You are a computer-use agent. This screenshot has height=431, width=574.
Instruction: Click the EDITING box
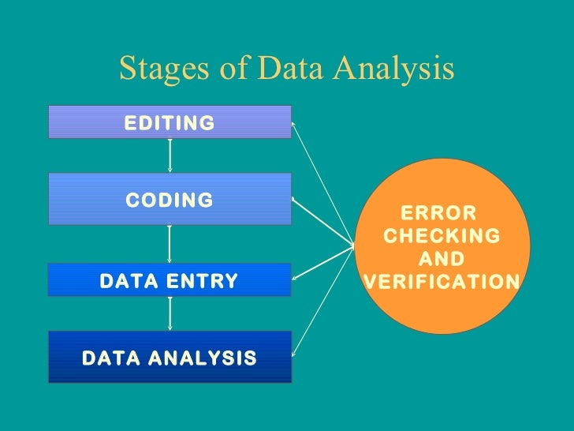(170, 122)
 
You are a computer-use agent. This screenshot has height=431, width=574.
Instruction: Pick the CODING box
(170, 199)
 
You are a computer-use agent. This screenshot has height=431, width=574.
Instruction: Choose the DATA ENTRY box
(170, 280)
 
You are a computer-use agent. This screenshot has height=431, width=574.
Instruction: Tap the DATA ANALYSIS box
(170, 357)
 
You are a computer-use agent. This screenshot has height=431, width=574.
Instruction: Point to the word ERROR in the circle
(440, 213)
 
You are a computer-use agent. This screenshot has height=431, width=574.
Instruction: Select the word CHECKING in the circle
(441, 236)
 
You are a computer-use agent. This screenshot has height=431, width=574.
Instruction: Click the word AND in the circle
(441, 259)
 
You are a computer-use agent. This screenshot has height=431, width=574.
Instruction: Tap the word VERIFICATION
(441, 282)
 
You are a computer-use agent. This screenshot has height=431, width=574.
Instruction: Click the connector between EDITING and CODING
(170, 156)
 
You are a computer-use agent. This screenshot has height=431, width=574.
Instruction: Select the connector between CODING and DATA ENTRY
(170, 244)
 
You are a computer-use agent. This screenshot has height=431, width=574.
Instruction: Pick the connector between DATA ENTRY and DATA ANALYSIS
(170, 313)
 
